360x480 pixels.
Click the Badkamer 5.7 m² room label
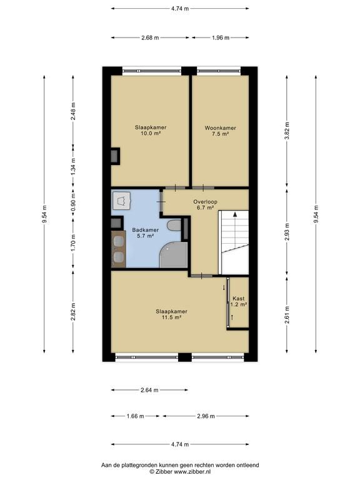tap(145, 232)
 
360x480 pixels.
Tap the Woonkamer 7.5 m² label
tap(221, 131)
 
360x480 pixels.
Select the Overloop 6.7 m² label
tap(205, 204)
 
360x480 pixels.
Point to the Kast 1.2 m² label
tap(239, 301)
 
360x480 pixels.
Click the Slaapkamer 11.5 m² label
tap(171, 314)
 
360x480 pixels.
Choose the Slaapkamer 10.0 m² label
tap(151, 130)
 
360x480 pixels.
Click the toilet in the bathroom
tap(174, 225)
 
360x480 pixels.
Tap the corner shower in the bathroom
tap(174, 255)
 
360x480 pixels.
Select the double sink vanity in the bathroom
tap(119, 249)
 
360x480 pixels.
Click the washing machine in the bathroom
tap(121, 201)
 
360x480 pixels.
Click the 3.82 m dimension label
tap(286, 131)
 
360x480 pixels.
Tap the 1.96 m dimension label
tap(221, 37)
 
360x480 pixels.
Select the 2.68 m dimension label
tap(150, 37)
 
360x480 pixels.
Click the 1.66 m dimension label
tap(135, 416)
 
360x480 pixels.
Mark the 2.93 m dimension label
tap(286, 232)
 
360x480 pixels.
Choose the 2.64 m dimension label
tap(149, 390)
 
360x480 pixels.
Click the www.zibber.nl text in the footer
tap(192, 472)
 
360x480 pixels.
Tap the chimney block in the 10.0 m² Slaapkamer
tap(116, 156)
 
